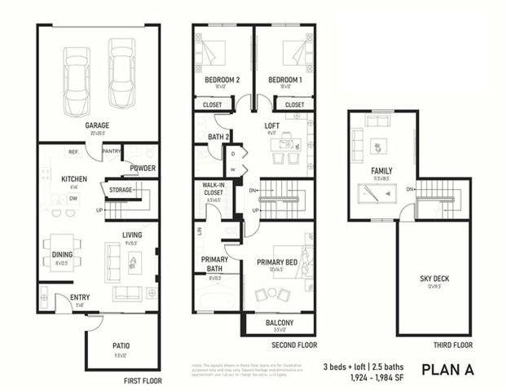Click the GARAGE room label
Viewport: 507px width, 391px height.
pos(98,125)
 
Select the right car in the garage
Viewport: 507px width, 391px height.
pos(121,72)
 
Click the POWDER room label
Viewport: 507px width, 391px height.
pos(143,169)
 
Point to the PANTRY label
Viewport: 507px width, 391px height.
pos(112,151)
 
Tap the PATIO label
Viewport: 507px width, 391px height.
pos(121,345)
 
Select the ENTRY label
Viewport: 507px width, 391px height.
pos(80,297)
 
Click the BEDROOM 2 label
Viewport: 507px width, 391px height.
pos(222,79)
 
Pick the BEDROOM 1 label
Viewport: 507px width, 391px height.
pos(284,79)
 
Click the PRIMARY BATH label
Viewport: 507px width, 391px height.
pos(214,264)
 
